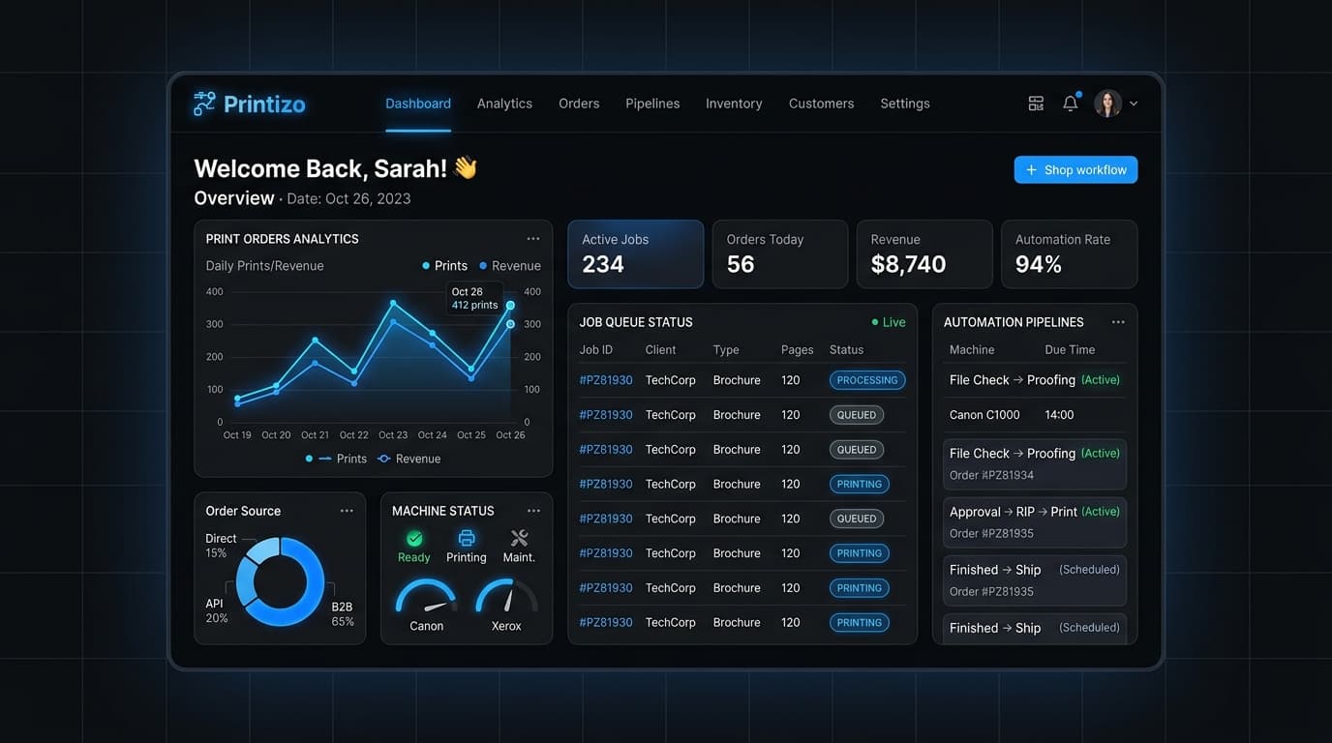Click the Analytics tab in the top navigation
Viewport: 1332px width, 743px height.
[504, 104]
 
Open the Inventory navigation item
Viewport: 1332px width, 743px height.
[734, 104]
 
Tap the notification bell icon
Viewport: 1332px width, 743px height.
[1071, 104]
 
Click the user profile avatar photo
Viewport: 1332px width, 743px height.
[1107, 104]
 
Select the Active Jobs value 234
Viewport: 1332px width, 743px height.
[603, 264]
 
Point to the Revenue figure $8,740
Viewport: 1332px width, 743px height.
[908, 264]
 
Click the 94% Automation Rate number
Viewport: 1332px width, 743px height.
[1039, 264]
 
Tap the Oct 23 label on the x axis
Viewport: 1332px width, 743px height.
[393, 435]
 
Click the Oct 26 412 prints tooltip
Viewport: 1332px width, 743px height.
[474, 298]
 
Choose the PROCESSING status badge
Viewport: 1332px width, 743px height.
[867, 380]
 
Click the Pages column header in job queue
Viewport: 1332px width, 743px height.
[797, 350]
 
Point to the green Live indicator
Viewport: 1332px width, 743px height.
[889, 322]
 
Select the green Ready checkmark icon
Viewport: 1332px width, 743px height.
[414, 539]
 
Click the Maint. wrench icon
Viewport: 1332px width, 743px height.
[519, 539]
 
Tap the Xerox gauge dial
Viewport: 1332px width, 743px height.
[506, 596]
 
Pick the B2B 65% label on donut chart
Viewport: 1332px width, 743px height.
[342, 614]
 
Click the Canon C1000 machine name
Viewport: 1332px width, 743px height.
[984, 415]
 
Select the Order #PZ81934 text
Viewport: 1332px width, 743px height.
[991, 476]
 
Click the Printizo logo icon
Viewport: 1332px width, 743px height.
[204, 104]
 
